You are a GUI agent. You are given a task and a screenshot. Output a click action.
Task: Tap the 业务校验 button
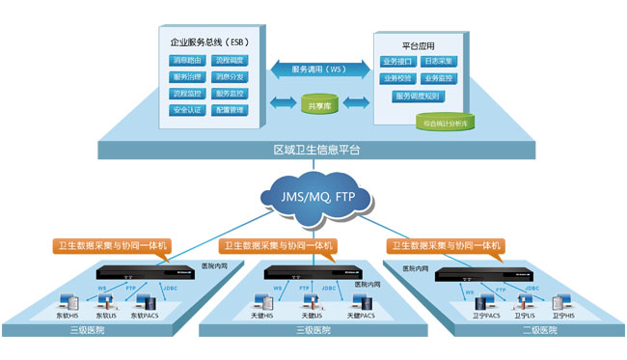[x=397, y=78]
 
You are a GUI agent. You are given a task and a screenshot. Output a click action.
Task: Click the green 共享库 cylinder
[x=317, y=102]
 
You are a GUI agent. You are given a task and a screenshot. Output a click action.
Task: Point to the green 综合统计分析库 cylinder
[x=443, y=121]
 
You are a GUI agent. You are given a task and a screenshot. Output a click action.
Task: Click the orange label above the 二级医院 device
[x=443, y=246]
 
